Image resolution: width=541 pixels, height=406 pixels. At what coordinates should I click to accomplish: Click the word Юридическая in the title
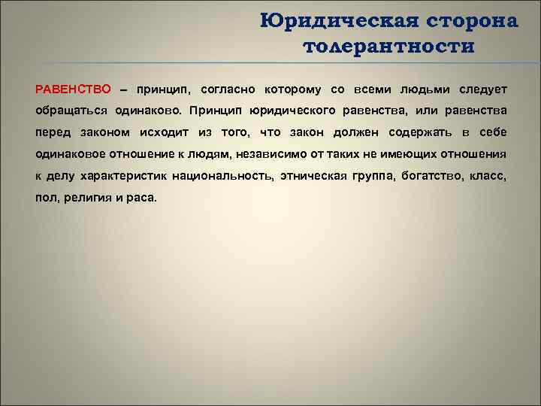click(x=327, y=21)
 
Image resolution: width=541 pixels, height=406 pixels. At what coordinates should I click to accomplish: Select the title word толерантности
click(x=388, y=47)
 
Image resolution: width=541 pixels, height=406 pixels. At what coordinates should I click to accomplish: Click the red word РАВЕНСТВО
click(x=73, y=89)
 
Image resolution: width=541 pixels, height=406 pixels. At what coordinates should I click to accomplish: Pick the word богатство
click(x=429, y=177)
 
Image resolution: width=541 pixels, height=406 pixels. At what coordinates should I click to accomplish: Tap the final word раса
click(x=143, y=198)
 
